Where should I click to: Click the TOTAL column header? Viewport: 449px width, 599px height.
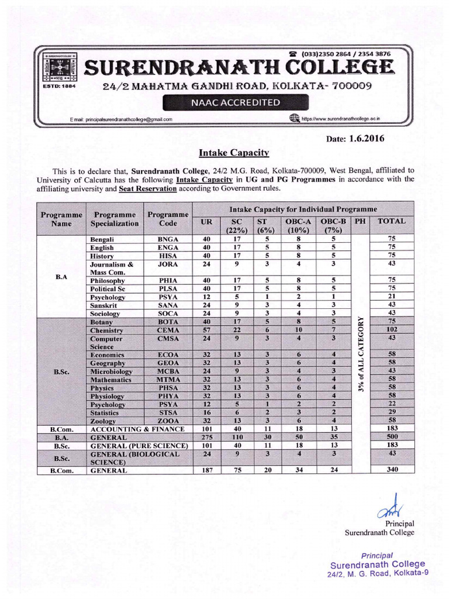click(x=392, y=222)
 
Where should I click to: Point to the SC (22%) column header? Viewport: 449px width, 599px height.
click(x=237, y=226)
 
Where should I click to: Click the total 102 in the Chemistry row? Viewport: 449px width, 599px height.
click(x=392, y=331)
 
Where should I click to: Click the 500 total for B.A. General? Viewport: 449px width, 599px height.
click(x=392, y=437)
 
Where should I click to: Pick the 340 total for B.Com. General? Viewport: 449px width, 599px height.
click(x=392, y=469)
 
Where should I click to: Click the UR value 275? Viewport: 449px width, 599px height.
click(x=206, y=437)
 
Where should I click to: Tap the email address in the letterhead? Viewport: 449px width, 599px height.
click(x=120, y=119)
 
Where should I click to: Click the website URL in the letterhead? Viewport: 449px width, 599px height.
click(x=340, y=119)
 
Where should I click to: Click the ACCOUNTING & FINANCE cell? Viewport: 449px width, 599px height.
click(x=138, y=429)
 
